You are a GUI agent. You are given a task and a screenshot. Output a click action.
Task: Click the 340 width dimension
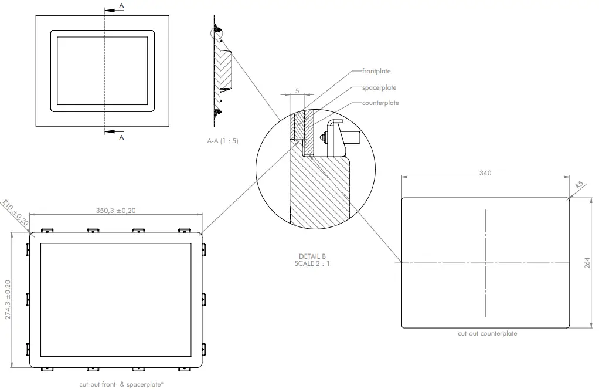pos(485,172)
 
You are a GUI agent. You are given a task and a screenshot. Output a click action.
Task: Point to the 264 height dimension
pos(587,262)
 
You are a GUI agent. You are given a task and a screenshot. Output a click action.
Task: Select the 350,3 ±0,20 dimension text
pos(115,210)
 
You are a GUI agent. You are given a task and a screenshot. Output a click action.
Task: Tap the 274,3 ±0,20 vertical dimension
pos(8,300)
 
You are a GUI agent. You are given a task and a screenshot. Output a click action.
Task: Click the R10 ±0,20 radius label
pos(16,212)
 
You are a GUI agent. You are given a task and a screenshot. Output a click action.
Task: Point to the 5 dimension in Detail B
pos(297,91)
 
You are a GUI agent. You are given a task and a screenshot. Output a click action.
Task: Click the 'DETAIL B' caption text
pos(311,256)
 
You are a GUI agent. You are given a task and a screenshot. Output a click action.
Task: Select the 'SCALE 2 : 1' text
pos(311,263)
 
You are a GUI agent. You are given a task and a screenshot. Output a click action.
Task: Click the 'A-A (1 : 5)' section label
pos(223,141)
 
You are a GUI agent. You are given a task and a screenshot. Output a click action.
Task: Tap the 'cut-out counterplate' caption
pos(487,333)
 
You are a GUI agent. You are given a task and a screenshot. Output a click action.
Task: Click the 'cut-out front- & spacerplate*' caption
pos(121,385)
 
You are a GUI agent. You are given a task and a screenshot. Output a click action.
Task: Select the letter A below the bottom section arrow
pos(121,137)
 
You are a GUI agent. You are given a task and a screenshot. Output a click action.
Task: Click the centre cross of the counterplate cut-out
pos(485,262)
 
